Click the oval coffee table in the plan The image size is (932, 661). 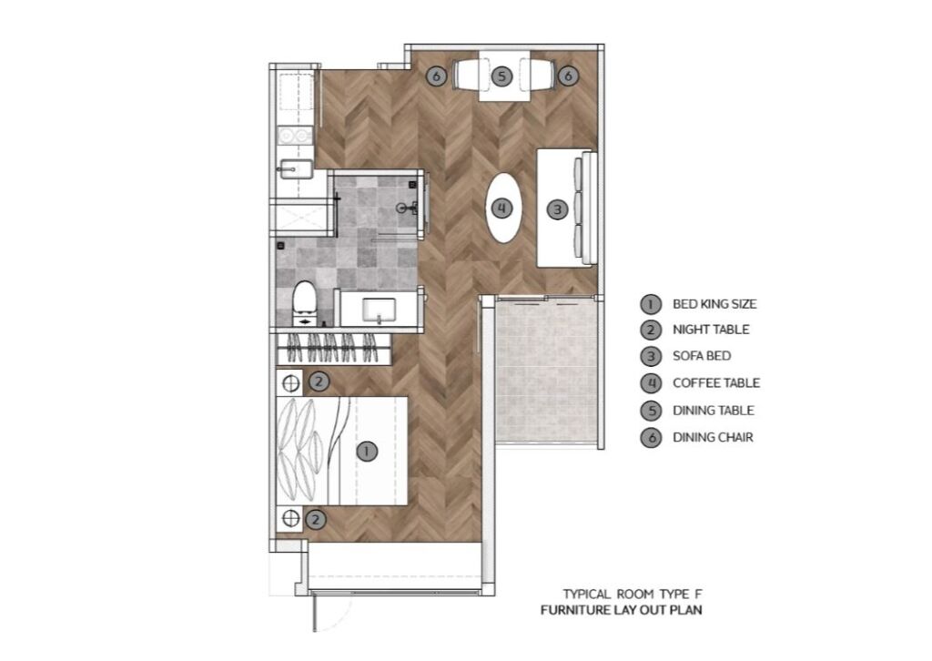pyautogui.click(x=502, y=208)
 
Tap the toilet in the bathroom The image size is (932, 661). pyautogui.click(x=305, y=302)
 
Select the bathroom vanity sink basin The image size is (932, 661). pyautogui.click(x=379, y=310)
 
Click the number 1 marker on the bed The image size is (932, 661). pyautogui.click(x=366, y=452)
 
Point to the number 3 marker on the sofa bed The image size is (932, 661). pyautogui.click(x=557, y=209)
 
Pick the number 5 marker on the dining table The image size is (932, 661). pyautogui.click(x=501, y=76)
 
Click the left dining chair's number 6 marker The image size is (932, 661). pyautogui.click(x=436, y=76)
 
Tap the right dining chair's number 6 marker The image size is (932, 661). pyautogui.click(x=568, y=76)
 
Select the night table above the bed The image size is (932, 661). pyautogui.click(x=290, y=383)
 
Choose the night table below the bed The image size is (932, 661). pyautogui.click(x=290, y=518)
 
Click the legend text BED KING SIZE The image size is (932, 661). pyautogui.click(x=714, y=304)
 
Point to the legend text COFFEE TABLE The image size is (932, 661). pyautogui.click(x=716, y=382)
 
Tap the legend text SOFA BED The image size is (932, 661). pyautogui.click(x=702, y=356)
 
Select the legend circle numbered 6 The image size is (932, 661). pyautogui.click(x=651, y=438)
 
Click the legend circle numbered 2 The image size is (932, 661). pyautogui.click(x=651, y=330)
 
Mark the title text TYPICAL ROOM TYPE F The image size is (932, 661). pyautogui.click(x=633, y=594)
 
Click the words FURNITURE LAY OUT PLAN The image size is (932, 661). pyautogui.click(x=621, y=610)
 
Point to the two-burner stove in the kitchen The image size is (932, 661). pyautogui.click(x=295, y=137)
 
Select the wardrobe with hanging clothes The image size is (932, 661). pyautogui.click(x=334, y=349)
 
